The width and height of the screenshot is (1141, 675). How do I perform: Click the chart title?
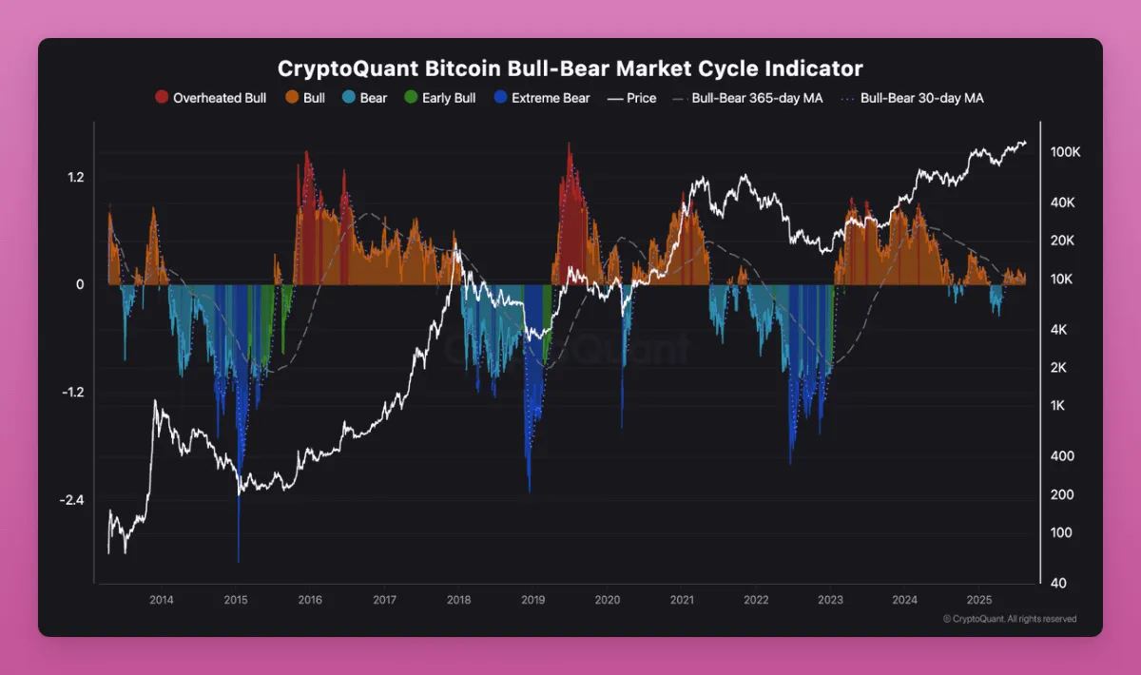click(570, 69)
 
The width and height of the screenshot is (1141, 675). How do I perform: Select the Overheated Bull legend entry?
click(219, 98)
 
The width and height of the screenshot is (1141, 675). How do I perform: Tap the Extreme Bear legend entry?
click(550, 98)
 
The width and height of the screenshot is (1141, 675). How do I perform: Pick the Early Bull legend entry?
click(448, 98)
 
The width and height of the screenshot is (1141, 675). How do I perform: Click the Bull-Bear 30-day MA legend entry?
click(921, 98)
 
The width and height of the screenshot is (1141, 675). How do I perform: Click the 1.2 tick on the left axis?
click(76, 178)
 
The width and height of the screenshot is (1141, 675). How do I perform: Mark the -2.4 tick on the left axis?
click(73, 500)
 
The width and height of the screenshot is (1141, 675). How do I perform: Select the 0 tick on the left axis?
click(81, 285)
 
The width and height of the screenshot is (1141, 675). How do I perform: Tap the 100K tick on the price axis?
click(1065, 152)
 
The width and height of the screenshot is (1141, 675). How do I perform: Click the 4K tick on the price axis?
click(1060, 329)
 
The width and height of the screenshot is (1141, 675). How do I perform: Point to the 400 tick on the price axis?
click(1061, 455)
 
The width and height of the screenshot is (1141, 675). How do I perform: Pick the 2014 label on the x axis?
click(162, 600)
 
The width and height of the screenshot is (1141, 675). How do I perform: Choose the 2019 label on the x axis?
click(533, 600)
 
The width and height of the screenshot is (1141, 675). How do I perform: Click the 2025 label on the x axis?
click(979, 600)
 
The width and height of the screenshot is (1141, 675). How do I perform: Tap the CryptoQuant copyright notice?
click(1010, 619)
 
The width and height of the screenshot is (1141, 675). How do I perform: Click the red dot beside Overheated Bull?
click(162, 98)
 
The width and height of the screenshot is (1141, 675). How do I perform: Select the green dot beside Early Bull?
click(411, 98)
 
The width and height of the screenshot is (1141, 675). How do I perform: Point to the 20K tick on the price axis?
click(1062, 241)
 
